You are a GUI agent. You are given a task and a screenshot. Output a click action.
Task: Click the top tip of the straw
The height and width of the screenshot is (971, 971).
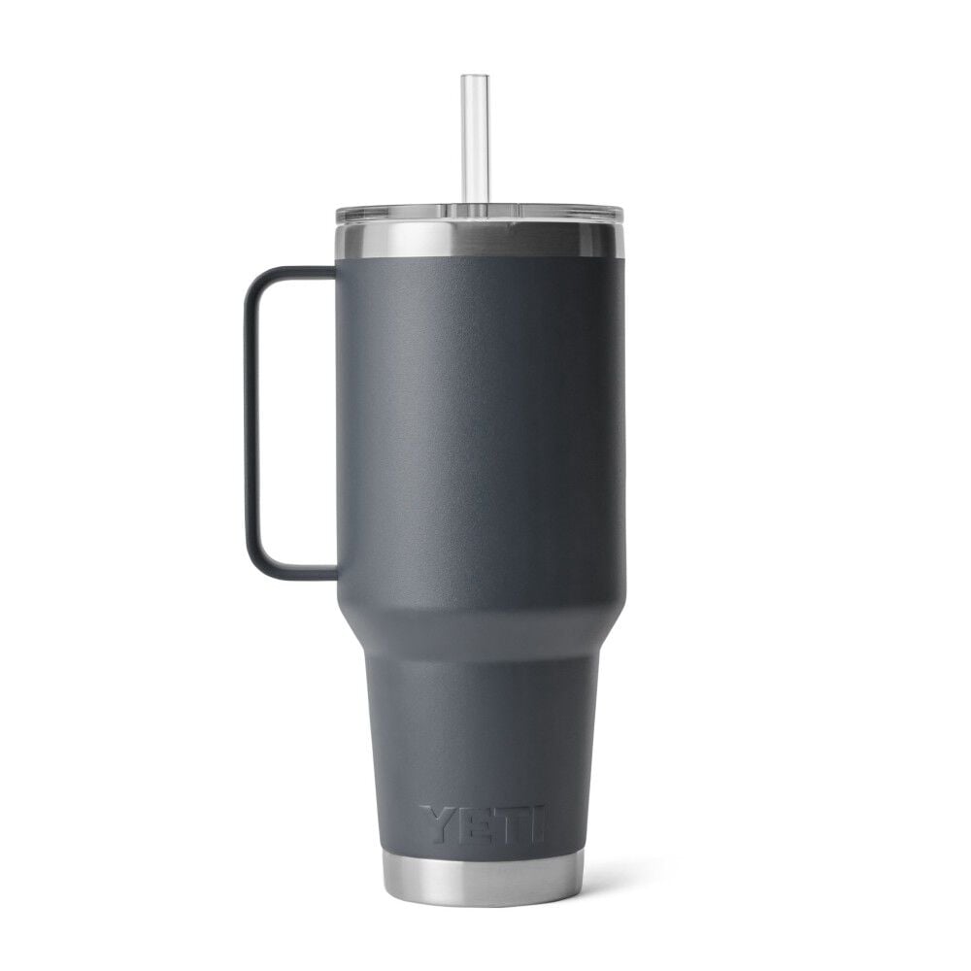pos(473,78)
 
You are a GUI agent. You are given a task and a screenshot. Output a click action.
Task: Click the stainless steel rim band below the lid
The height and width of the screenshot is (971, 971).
pos(480,241)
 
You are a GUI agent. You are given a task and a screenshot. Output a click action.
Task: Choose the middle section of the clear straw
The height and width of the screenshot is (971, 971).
pos(473,141)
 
